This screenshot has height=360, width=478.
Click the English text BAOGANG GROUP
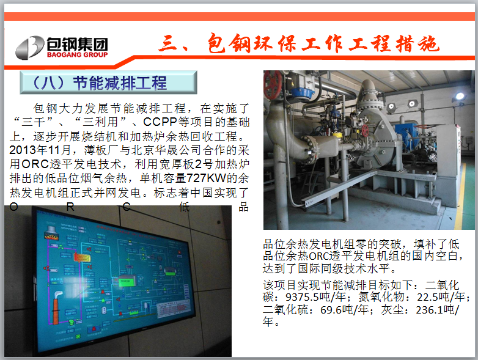78,54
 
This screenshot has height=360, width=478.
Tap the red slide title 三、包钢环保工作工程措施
299,43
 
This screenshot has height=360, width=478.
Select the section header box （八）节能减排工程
109,83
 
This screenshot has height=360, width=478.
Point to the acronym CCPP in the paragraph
160,122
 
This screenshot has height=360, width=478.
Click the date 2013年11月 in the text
40,150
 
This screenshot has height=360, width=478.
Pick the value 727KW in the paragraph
206,178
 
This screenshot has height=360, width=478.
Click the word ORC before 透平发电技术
35,164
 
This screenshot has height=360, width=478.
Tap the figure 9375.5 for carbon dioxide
301,296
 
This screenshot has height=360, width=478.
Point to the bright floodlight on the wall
460,97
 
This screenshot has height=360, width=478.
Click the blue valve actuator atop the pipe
302,93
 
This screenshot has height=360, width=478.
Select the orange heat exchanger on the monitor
82,258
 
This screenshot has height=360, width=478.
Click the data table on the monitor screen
175,310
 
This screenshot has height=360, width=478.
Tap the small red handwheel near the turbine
365,130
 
